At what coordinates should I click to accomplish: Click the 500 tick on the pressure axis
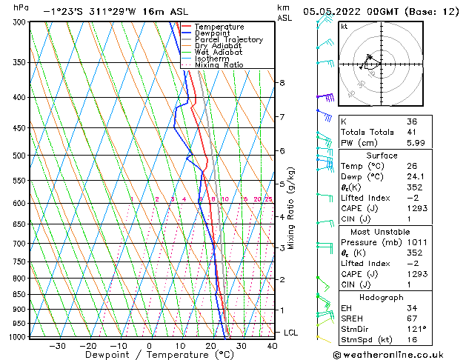coord(21,156)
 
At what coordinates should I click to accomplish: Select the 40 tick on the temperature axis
coord(273,345)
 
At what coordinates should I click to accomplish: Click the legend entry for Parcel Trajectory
coord(228,39)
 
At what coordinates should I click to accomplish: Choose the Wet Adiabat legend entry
coord(219,52)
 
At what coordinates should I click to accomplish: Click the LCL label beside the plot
coord(290,333)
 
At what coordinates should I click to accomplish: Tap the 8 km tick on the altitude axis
coord(282,82)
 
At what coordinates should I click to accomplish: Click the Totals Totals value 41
coord(412,133)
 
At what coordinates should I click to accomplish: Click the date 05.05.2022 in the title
coord(335,11)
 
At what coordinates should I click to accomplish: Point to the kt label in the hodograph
coord(344,26)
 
